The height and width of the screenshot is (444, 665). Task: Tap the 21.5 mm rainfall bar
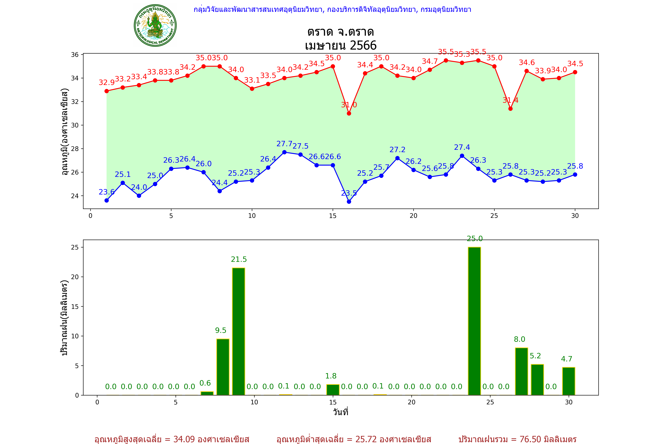(x=239, y=331)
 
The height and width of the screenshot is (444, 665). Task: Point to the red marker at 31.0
(x=349, y=113)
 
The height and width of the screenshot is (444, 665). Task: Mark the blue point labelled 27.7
(x=284, y=152)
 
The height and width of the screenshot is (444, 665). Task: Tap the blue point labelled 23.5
(x=349, y=202)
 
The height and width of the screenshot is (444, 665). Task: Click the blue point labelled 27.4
(x=462, y=156)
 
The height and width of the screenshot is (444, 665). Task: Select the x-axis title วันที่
(x=340, y=412)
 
